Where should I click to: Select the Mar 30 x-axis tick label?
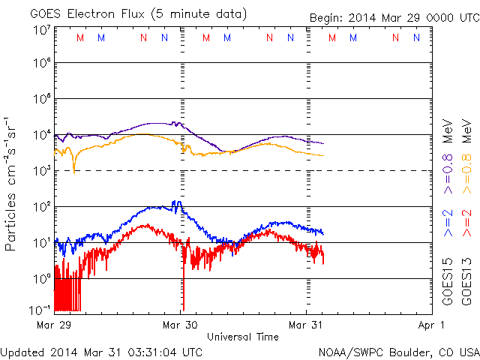[181, 325]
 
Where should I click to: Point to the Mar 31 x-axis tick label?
[307, 325]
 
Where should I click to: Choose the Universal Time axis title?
[242, 337]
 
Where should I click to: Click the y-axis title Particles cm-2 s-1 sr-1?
[12, 183]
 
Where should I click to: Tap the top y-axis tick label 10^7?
[40, 30]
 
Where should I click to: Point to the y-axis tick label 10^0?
[40, 278]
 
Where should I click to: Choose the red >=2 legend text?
[466, 223]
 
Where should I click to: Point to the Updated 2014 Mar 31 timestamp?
[102, 351]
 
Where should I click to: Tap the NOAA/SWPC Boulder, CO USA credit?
[398, 351]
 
